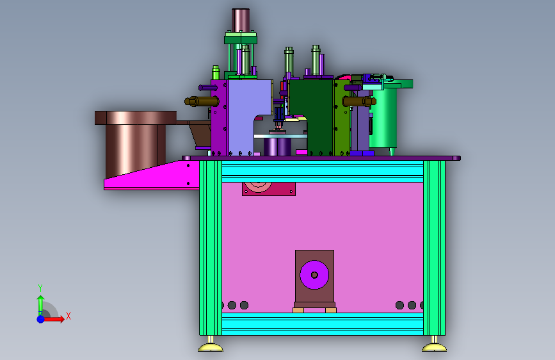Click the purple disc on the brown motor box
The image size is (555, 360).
(314, 275)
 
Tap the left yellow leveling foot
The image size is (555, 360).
(211, 345)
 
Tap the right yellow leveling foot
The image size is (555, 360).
(434, 345)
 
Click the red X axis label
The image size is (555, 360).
(68, 316)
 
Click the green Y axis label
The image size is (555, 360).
(40, 288)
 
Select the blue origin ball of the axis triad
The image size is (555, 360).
(41, 319)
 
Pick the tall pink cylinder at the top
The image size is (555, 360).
(241, 20)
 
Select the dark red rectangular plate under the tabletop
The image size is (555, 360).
(269, 189)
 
